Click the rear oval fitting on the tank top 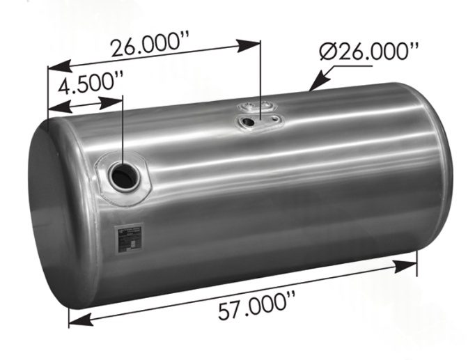pos(251,107)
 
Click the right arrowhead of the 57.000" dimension pos(408,265)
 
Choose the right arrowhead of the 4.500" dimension pos(116,100)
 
